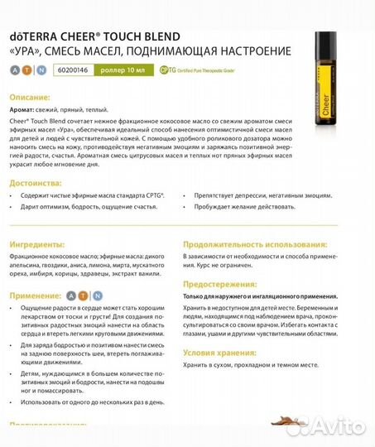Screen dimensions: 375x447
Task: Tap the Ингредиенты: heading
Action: [39, 245]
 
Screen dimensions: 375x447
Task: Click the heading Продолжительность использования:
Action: [252, 245]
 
